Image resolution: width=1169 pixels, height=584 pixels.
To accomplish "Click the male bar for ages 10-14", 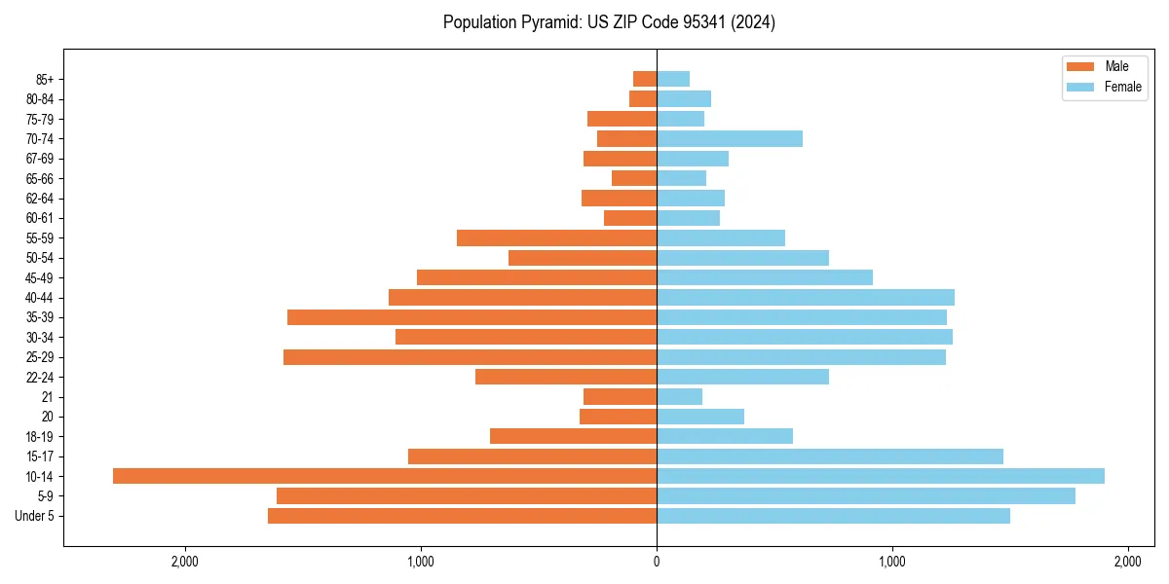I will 385,476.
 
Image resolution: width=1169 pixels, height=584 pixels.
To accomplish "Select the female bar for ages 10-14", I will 881,476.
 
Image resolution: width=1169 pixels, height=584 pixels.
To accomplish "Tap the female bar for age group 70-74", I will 730,139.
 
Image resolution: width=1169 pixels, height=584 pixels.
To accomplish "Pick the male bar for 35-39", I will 472,317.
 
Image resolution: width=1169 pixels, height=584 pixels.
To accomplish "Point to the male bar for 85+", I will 645,79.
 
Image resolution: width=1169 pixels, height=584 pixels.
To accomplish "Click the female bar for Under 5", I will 833,516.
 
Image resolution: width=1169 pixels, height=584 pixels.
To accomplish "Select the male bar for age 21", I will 620,397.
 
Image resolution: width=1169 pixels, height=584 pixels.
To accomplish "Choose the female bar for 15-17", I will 830,456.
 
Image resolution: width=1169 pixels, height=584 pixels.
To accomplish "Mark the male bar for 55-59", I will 556,238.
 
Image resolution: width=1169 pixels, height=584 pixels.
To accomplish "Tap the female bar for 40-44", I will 806,298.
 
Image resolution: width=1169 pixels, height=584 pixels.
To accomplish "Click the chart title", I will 609,22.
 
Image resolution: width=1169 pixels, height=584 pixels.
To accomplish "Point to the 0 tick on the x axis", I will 657,562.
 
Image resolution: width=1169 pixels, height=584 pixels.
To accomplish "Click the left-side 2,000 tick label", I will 184,562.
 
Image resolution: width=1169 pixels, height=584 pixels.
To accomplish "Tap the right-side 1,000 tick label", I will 892,562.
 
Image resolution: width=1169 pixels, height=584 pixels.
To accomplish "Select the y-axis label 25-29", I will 40,357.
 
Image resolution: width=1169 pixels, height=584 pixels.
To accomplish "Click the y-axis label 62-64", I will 40,199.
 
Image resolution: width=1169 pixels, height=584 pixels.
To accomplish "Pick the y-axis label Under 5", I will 35,516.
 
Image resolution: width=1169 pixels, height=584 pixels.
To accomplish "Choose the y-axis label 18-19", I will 40,437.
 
